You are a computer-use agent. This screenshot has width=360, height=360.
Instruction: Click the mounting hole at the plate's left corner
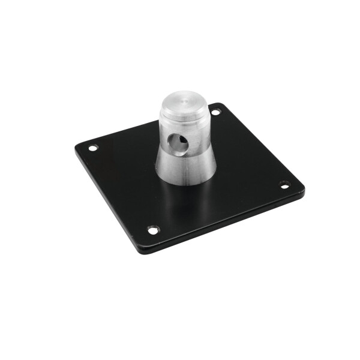(x=92, y=148)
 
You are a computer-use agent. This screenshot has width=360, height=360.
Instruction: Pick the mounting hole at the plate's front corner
(x=153, y=229)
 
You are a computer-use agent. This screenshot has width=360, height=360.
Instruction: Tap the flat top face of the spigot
(x=184, y=98)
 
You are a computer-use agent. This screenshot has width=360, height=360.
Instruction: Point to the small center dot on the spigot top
(x=184, y=98)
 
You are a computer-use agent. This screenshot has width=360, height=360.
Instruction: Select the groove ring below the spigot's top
(x=183, y=114)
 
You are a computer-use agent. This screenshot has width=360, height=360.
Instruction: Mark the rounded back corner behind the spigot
(x=223, y=105)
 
